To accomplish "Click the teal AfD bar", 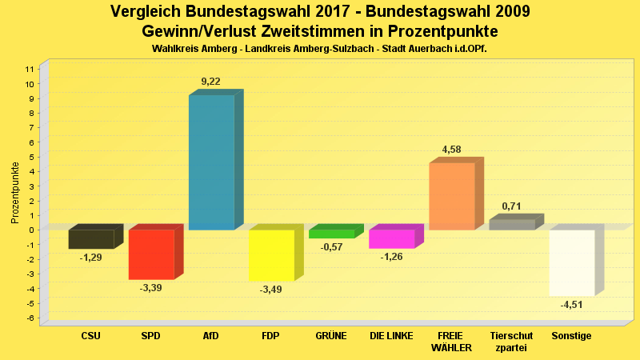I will (x=211, y=162).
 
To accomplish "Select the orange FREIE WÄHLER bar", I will (x=452, y=196).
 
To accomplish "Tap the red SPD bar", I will (x=151, y=254).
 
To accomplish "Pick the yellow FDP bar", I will (x=271, y=255).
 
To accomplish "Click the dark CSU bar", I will (x=91, y=239).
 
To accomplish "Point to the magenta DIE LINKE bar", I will (x=391, y=239).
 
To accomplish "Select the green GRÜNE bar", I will (x=331, y=234).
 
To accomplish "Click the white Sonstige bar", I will (x=571, y=262).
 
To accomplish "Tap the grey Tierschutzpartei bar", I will (x=511, y=225).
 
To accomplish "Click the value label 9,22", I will (x=211, y=82).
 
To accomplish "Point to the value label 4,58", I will (x=452, y=150).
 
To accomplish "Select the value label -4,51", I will (x=572, y=305).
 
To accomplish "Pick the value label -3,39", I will (x=151, y=288).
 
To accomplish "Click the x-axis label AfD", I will (x=211, y=336).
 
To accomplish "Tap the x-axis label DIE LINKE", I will (x=391, y=336).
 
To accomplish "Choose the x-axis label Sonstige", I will (x=571, y=336).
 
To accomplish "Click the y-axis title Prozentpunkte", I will (x=15, y=192).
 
